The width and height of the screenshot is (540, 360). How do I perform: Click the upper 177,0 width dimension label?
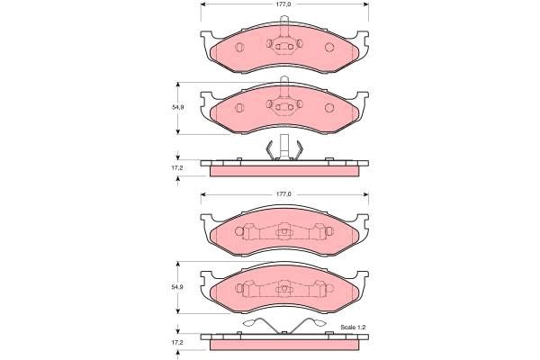[x=284, y=4]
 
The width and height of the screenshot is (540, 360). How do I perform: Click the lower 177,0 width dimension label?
[x=284, y=193]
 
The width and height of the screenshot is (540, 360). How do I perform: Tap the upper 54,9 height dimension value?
[x=177, y=108]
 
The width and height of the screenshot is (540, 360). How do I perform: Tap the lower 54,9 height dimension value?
[x=177, y=287]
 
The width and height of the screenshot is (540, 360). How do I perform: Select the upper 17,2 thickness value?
[x=177, y=167]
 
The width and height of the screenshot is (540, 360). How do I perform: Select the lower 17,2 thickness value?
[x=177, y=344]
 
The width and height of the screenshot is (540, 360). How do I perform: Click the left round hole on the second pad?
[x=239, y=107]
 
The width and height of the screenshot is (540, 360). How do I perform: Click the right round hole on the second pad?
[x=328, y=107]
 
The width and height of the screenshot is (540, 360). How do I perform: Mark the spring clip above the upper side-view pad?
[x=283, y=148]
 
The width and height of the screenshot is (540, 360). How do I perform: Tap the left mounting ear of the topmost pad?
[x=206, y=39]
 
